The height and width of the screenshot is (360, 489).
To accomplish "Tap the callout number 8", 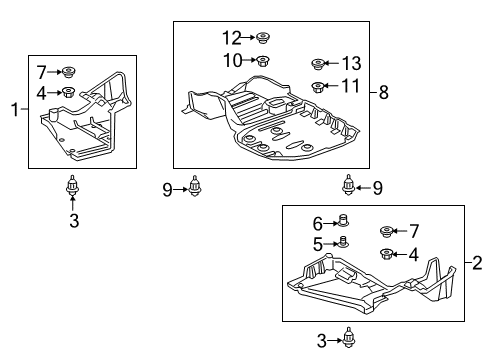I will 383,93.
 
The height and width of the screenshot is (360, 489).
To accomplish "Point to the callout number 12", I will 232,39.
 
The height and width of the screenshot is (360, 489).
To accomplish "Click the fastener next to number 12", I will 264,39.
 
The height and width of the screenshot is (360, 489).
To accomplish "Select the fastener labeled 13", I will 317,63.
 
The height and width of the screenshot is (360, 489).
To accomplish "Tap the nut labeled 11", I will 317,87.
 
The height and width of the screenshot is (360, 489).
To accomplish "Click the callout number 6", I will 318,224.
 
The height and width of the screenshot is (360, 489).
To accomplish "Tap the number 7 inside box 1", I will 41,71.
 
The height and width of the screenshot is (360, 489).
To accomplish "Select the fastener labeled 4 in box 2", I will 386,254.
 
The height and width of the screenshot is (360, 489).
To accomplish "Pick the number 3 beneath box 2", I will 322,342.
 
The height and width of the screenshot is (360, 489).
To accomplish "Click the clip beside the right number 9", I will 349,184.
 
